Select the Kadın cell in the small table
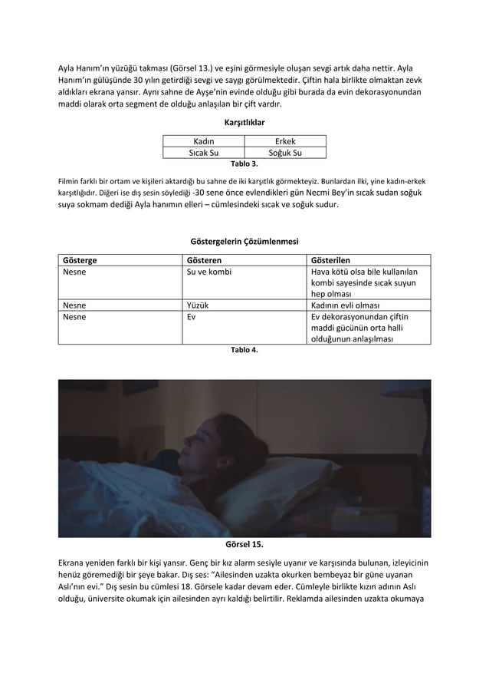202,141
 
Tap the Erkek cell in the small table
285,141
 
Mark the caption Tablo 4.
244,349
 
